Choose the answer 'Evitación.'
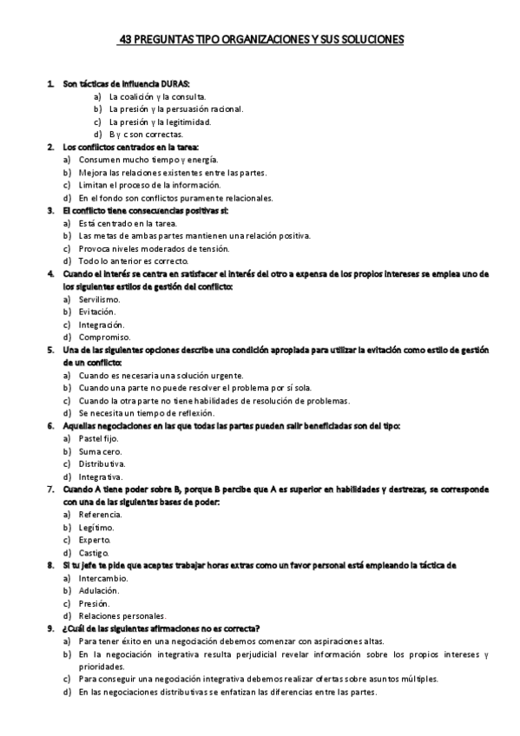tap(96, 312)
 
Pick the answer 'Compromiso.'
tap(104, 337)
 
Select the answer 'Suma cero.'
tap(100, 451)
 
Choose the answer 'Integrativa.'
tap(101, 476)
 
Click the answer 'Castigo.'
tap(94, 552)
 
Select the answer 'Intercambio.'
tap(102, 577)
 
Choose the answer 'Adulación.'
tap(98, 590)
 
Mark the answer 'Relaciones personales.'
tap(122, 615)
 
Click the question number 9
tap(49, 628)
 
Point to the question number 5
tap(49, 350)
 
